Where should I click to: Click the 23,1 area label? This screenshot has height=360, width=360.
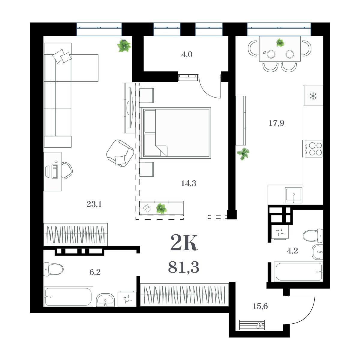[94, 204]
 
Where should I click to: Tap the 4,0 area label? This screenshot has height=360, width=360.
[187, 55]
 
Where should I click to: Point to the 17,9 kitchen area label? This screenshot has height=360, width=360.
[276, 123]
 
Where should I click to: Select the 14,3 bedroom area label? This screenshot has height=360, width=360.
[188, 183]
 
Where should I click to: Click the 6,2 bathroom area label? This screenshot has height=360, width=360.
[95, 272]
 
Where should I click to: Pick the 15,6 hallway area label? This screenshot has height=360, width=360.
[260, 306]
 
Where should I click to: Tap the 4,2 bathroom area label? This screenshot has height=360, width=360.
[292, 251]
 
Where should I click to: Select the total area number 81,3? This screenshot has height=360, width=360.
[184, 267]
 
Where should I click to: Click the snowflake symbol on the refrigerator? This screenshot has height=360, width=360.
[313, 96]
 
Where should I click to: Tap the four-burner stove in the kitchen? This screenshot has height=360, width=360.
[313, 149]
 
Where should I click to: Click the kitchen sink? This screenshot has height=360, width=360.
[293, 195]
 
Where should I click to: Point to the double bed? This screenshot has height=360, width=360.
[175, 133]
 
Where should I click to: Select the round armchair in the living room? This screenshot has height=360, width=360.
[120, 153]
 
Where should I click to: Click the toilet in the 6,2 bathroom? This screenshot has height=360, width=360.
[53, 269]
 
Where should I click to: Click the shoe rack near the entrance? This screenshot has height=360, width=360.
[252, 325]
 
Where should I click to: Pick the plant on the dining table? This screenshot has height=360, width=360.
[280, 43]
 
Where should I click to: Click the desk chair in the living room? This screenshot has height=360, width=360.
[67, 170]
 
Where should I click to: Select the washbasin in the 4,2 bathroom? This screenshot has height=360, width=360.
[317, 252]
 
